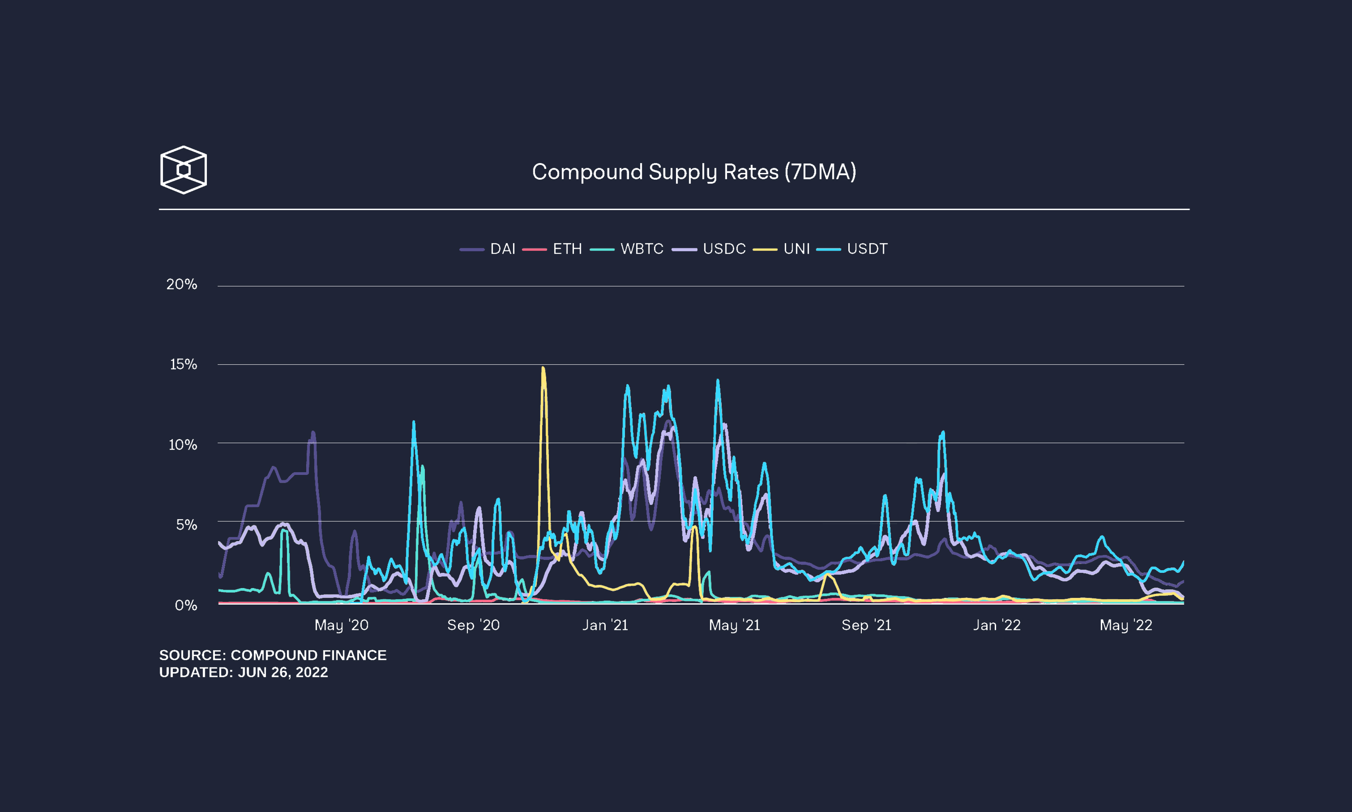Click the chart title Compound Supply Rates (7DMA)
coord(694,172)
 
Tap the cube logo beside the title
coord(184,170)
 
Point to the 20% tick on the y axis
coord(182,284)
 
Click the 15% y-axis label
coord(184,364)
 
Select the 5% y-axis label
coord(186,525)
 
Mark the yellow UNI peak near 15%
coord(542,369)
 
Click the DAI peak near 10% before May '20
coord(313,432)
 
